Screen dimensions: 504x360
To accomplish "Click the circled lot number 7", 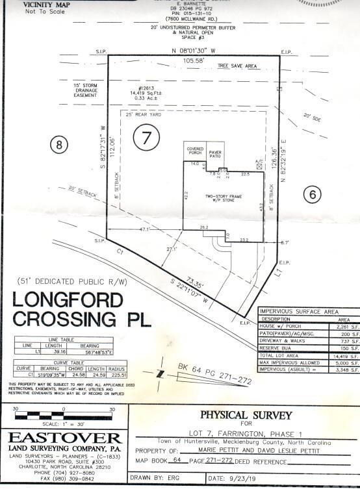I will (x=147, y=137).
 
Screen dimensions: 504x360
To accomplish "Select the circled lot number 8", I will (x=60, y=145).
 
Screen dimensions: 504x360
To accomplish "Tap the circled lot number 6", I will (x=313, y=193).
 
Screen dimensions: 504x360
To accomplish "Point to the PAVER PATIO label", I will (x=215, y=153).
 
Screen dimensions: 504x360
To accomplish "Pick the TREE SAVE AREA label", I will (x=238, y=66).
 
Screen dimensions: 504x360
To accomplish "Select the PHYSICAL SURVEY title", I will (x=245, y=415).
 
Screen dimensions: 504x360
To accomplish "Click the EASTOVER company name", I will (x=65, y=437).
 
